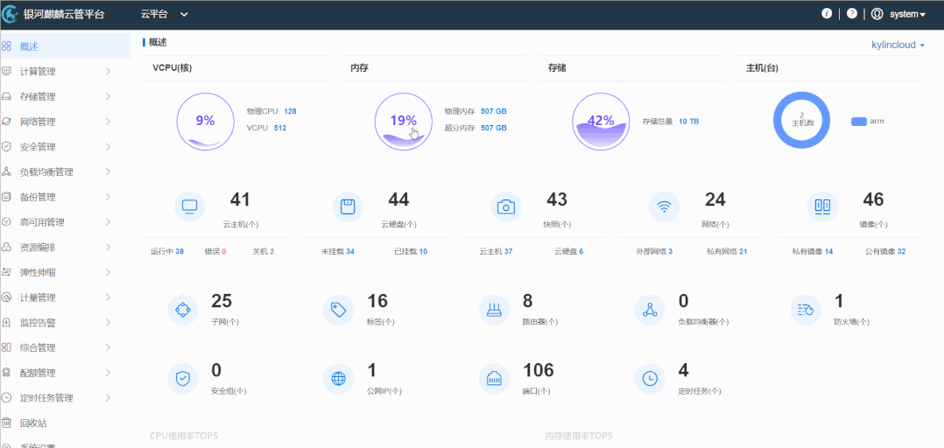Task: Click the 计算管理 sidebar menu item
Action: [38, 71]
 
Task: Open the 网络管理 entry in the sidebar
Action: [38, 122]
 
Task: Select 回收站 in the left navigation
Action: [33, 423]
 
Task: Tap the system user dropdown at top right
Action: [906, 14]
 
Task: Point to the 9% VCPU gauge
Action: [205, 121]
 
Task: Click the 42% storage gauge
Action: [601, 121]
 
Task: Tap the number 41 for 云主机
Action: [240, 200]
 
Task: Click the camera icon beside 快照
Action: [505, 207]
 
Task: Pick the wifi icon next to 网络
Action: [664, 207]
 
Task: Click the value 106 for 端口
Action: [539, 370]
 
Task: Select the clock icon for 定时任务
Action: [650, 378]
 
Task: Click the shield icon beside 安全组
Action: [183, 378]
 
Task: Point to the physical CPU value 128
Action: [290, 111]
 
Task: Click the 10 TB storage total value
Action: [688, 122]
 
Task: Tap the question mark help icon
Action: [851, 14]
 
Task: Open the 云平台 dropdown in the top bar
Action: [164, 14]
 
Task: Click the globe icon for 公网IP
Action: [338, 378]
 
